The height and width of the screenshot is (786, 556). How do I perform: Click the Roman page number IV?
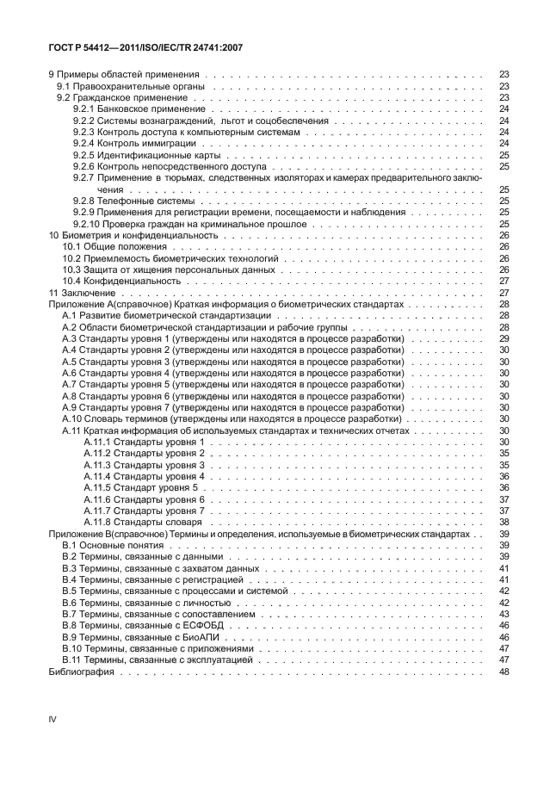point(52,718)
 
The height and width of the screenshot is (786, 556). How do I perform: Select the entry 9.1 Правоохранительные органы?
point(131,87)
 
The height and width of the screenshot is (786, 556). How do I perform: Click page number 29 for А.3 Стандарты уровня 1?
point(504,340)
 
